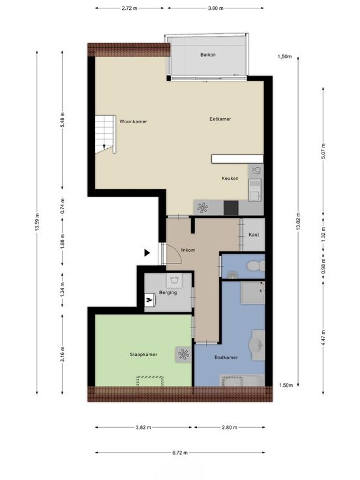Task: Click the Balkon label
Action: coord(208,55)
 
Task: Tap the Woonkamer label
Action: coord(133,121)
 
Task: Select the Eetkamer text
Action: coord(220,119)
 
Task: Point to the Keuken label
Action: coord(230,178)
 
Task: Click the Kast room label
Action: coord(254,235)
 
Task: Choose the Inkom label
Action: coord(188,250)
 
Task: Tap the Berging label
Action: coord(168,292)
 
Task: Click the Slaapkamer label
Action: coord(143,355)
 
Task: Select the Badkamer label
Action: coord(226,357)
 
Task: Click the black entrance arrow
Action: coord(147,253)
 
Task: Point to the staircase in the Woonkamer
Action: coord(105,134)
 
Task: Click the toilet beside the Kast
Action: coord(256,265)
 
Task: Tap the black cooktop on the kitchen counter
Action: coord(231,208)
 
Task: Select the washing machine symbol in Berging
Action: coord(175,280)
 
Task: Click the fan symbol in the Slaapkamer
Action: coord(183,355)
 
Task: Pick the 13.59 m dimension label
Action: coord(37,222)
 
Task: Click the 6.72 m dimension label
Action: coord(180,453)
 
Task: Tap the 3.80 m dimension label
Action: coord(215,8)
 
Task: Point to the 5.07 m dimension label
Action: coord(323,151)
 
